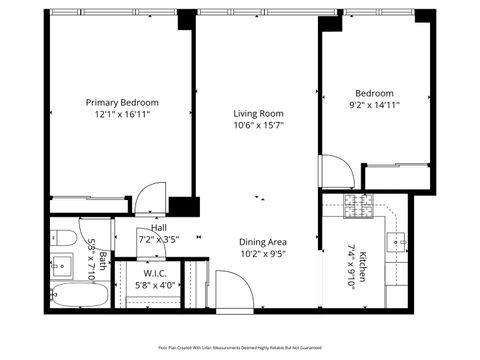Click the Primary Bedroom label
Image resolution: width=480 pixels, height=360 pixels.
pyautogui.click(x=122, y=102)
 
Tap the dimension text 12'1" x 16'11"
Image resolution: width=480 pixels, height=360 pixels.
pyautogui.click(x=122, y=115)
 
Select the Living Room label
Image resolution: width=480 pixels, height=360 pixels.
pyautogui.click(x=259, y=113)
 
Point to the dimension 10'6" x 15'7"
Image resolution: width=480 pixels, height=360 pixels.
pyautogui.click(x=259, y=126)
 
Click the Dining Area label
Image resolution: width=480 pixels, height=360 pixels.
pyautogui.click(x=263, y=241)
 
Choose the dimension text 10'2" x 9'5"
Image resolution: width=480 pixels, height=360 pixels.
pyautogui.click(x=263, y=253)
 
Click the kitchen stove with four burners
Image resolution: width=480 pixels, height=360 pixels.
pyautogui.click(x=358, y=207)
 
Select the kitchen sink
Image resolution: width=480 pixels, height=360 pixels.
pyautogui.click(x=401, y=241)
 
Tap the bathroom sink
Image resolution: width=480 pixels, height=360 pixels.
pyautogui.click(x=61, y=266)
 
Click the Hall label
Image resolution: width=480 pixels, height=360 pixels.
pyautogui.click(x=158, y=228)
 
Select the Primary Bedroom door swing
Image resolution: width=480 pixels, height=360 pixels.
pyautogui.click(x=152, y=197)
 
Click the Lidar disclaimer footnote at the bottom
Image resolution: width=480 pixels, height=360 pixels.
pyautogui.click(x=239, y=347)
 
